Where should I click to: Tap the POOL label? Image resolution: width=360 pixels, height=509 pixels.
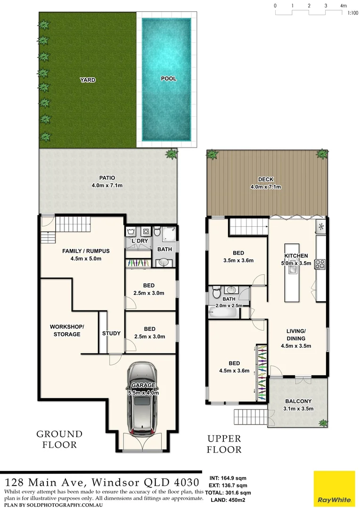pyautogui.click(x=169, y=79)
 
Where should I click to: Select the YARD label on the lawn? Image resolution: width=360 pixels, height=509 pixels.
pyautogui.click(x=88, y=80)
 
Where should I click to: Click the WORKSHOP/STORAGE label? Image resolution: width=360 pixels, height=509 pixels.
pyautogui.click(x=67, y=330)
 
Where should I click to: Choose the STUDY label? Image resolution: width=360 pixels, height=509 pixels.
pyautogui.click(x=111, y=333)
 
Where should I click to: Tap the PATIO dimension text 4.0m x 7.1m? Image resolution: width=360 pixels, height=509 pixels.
pyautogui.click(x=107, y=185)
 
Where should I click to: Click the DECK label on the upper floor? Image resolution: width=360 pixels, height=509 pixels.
pyautogui.click(x=266, y=180)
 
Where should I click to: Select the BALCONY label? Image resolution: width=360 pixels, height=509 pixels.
pyautogui.click(x=297, y=402)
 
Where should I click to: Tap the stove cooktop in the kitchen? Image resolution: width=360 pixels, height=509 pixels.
pyautogui.click(x=320, y=264)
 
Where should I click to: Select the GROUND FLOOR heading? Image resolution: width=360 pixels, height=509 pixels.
pyautogui.click(x=59, y=439)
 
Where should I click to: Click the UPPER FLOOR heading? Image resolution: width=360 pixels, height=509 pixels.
pyautogui.click(x=224, y=444)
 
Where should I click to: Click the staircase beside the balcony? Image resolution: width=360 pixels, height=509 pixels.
pyautogui.click(x=250, y=417)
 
